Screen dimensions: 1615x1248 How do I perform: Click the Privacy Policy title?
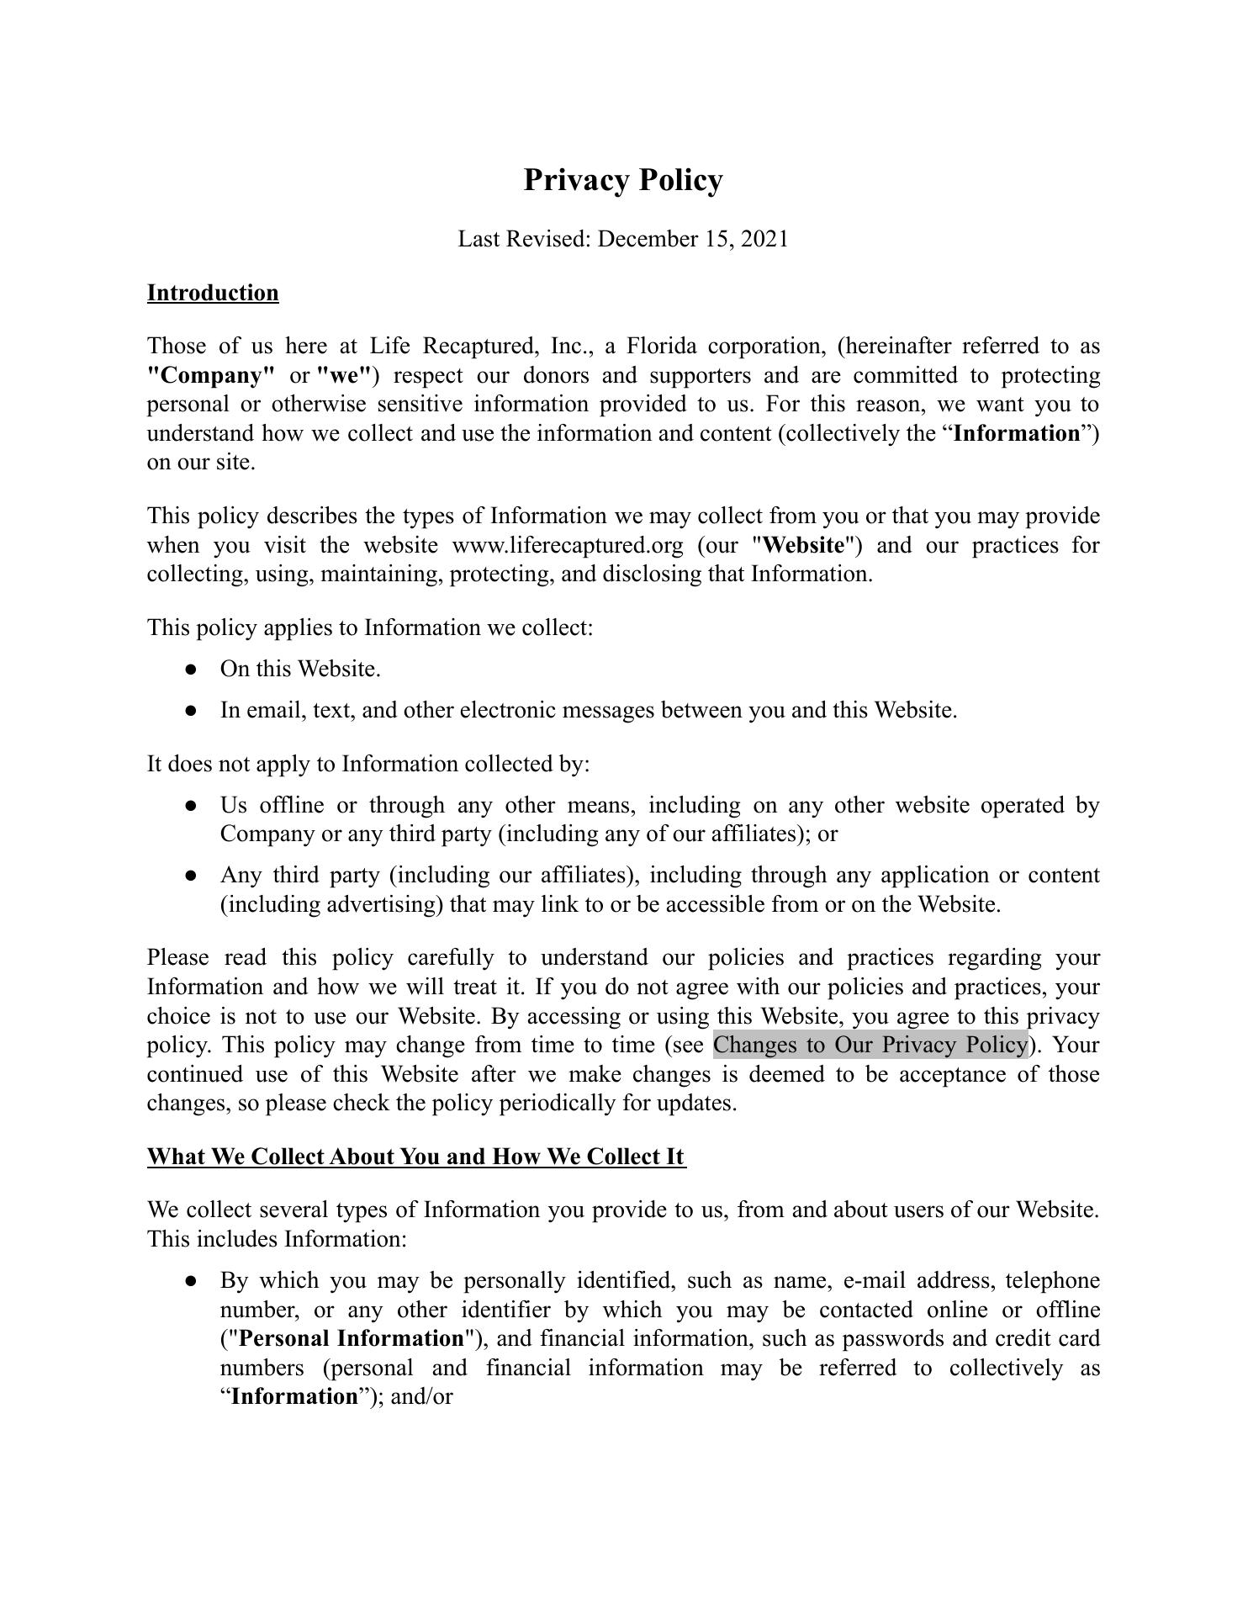(622, 180)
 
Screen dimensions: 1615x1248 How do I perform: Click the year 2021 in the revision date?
(765, 239)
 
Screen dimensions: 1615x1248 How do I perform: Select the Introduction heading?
(213, 293)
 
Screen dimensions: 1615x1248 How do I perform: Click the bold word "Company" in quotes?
(211, 375)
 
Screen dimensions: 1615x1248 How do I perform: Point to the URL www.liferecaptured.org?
(568, 545)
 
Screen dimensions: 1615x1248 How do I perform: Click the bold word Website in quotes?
(805, 545)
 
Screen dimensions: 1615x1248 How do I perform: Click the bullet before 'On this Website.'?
(191, 670)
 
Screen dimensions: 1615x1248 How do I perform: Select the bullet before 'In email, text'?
(191, 711)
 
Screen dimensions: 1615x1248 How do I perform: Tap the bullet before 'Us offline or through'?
(191, 806)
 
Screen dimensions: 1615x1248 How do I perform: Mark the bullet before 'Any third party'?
(191, 876)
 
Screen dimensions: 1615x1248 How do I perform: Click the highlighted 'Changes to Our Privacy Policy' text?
(870, 1045)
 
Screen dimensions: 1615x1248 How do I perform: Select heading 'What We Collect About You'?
(416, 1157)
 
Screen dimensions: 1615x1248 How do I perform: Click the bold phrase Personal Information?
(351, 1338)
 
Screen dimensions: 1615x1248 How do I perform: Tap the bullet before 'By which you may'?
(191, 1281)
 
